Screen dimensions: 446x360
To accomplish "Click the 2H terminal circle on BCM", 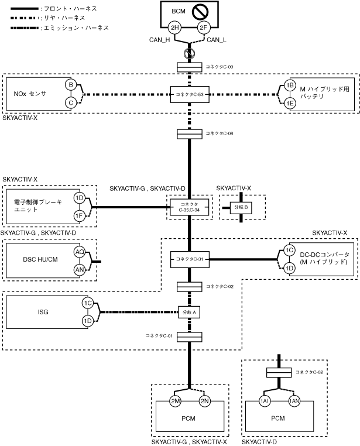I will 174,28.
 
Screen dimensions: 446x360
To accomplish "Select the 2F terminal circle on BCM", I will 203,28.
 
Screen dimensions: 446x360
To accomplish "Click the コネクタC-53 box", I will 188,93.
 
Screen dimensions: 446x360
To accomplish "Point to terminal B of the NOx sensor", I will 71,84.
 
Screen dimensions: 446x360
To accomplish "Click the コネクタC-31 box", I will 188,258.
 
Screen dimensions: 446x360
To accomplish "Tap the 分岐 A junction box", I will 188,312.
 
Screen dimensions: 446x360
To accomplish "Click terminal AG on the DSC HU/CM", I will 79,252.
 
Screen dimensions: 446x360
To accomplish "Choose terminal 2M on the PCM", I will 175,401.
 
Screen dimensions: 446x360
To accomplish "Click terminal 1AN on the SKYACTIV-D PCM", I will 294,401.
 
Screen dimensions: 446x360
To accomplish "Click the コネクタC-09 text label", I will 219,67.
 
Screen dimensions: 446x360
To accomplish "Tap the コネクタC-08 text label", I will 219,134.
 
